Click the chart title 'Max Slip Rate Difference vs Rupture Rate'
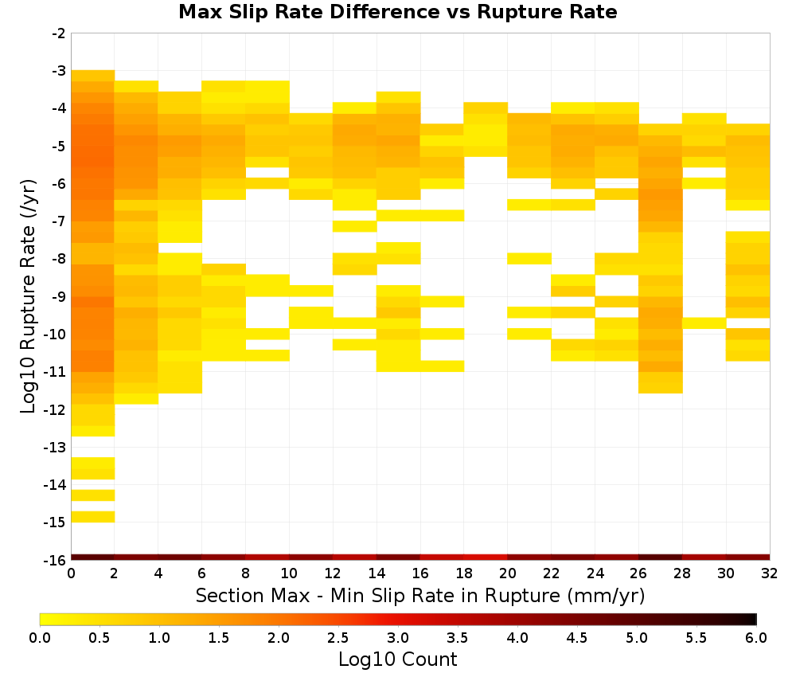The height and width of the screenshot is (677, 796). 397,12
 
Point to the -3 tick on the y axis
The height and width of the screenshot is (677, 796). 59,71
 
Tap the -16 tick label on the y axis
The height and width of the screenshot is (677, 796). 56,560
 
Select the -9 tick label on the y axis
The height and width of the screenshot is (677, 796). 59,296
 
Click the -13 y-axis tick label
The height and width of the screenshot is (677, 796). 56,447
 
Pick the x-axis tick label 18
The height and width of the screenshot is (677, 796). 464,573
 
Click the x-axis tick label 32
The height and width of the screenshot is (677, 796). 770,573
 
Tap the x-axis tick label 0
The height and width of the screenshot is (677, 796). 71,573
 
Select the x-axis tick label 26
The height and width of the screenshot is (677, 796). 638,573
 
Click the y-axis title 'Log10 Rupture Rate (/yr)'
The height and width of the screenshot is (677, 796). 28,296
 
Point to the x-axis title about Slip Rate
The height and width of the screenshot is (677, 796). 420,595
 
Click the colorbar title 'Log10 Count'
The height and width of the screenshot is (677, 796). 397,659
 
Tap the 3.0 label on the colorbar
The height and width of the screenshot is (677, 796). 397,637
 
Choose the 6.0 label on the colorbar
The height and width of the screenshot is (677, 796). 756,637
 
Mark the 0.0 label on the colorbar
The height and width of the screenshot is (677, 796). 40,637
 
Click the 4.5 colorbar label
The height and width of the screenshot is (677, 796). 576,637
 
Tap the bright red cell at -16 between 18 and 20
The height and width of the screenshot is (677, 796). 486,558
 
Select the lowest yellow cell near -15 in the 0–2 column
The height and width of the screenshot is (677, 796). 93,517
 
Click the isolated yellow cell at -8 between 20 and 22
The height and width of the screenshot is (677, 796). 529,259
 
